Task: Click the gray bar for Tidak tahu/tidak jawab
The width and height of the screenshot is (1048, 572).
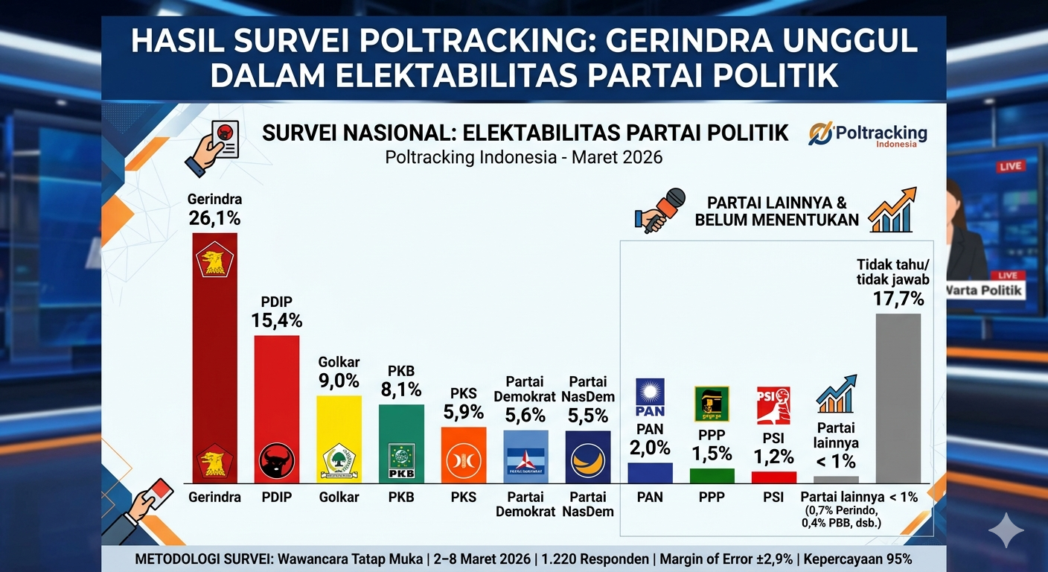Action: (x=898, y=398)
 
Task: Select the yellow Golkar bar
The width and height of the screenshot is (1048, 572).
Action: (x=339, y=439)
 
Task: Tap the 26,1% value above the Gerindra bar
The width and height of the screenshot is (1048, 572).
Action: (x=215, y=218)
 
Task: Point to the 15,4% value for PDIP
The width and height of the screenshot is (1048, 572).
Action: (x=276, y=321)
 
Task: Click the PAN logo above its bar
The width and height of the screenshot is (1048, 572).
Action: (x=650, y=398)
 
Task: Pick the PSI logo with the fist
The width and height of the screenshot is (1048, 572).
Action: (x=773, y=405)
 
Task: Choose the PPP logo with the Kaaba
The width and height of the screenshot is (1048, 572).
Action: (x=712, y=404)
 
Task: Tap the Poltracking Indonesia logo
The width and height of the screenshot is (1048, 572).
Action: (x=868, y=135)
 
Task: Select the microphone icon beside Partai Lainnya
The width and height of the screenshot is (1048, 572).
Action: (x=660, y=211)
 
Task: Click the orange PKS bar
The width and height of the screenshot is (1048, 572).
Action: (x=463, y=455)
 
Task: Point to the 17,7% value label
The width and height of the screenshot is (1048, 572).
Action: (x=898, y=299)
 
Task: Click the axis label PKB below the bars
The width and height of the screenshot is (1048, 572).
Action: (x=401, y=497)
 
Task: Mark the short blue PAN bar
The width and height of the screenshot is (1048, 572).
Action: (x=650, y=473)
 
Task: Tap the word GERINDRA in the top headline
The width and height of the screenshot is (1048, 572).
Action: (x=688, y=41)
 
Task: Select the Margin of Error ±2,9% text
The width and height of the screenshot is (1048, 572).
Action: (x=726, y=559)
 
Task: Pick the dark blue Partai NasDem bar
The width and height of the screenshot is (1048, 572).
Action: (x=587, y=457)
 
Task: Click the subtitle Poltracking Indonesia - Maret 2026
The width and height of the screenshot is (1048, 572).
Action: (x=523, y=157)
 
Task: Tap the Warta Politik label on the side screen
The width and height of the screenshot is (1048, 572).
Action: (x=985, y=290)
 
